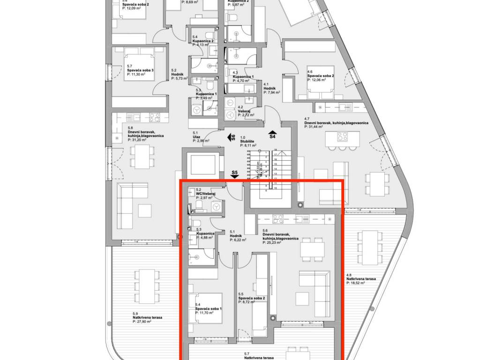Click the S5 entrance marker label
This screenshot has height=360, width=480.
(x=235, y=173)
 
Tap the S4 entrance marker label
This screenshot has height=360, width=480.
(x=272, y=136)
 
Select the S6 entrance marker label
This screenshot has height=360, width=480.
(x=232, y=137)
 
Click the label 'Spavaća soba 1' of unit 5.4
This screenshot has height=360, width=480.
(x=209, y=309)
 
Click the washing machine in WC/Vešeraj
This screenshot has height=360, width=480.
(x=216, y=207)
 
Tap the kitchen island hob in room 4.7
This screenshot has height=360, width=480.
(x=343, y=137)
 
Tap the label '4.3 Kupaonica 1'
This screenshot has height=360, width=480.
(x=243, y=76)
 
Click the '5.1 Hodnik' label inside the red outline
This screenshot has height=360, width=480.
(x=237, y=235)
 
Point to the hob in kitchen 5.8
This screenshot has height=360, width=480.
(x=154, y=116)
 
